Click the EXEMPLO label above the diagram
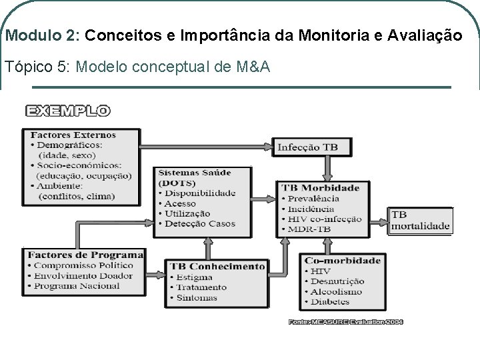tap(68, 111)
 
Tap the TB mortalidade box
tap(420, 221)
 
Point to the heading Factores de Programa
tap(86, 255)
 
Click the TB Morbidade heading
tap(321, 188)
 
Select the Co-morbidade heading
tap(343, 260)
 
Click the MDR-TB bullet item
tap(310, 229)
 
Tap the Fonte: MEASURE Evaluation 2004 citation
tap(346, 322)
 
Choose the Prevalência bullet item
tap(313, 198)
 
